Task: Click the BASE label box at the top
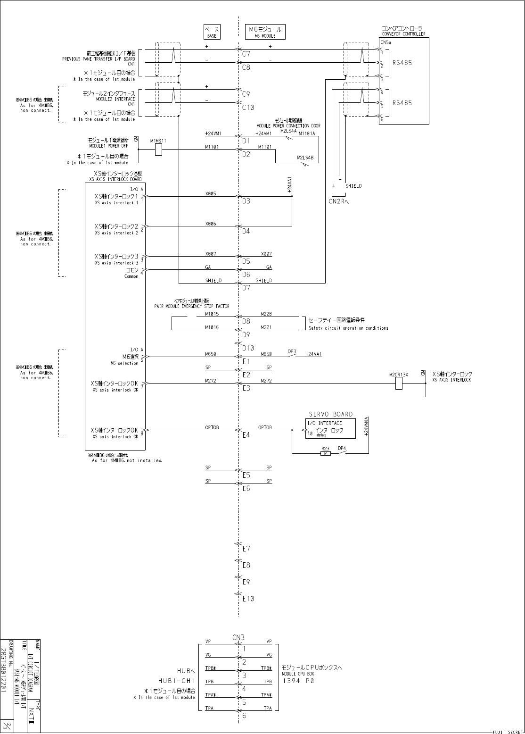click(x=212, y=32)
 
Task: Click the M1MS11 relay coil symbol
click(x=158, y=150)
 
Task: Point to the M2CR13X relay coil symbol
click(x=399, y=383)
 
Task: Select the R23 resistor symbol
click(x=325, y=453)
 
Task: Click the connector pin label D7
click(x=246, y=288)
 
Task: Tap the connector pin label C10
click(x=248, y=108)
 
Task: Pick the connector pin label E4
click(x=246, y=435)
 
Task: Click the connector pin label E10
click(x=248, y=599)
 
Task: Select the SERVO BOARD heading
click(x=330, y=414)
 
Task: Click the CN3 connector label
click(x=238, y=637)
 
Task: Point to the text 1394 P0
click(x=298, y=681)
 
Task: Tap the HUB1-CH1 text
click(x=176, y=681)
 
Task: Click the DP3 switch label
click(x=292, y=351)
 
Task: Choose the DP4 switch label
click(x=342, y=448)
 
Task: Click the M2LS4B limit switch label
click(x=305, y=158)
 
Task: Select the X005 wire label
click(x=211, y=193)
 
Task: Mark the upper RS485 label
click(x=402, y=62)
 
